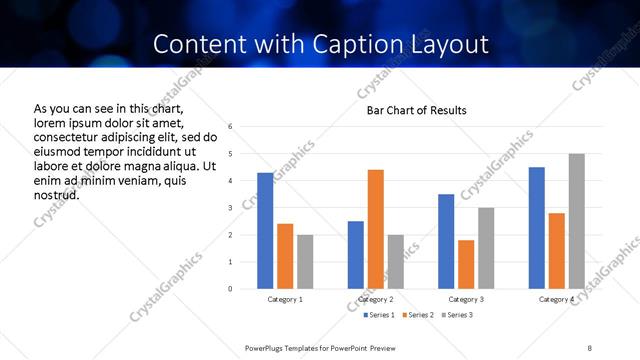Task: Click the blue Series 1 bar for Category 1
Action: pos(265,231)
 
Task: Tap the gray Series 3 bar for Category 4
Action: pos(576,221)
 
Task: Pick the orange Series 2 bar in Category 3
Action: pos(466,264)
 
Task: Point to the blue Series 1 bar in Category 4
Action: pos(537,228)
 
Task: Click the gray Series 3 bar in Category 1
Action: pos(305,262)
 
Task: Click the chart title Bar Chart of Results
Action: pos(417,110)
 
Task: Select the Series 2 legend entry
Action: pos(417,315)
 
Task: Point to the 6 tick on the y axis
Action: pos(231,127)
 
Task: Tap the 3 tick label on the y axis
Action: pos(231,208)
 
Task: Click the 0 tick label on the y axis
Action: pos(231,289)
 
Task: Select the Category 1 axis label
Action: pos(285,300)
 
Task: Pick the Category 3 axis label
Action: pos(466,300)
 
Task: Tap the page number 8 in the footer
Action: pos(589,347)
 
